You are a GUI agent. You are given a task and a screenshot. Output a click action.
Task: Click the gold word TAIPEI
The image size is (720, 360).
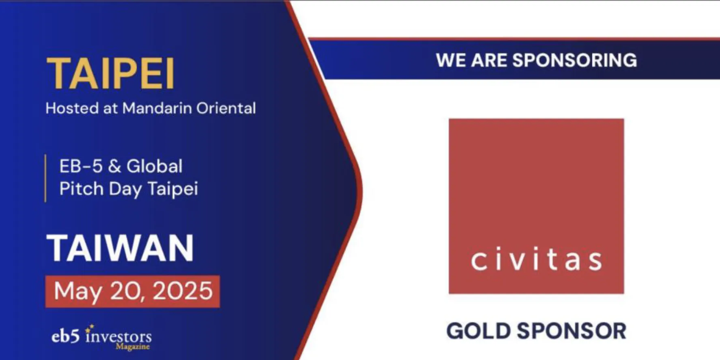point(110,73)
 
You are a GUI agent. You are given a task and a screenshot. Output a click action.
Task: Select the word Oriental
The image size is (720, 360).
point(226,108)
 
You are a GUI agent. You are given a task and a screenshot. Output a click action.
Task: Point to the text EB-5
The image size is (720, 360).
point(81,166)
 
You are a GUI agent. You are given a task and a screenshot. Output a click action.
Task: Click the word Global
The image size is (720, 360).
point(155,166)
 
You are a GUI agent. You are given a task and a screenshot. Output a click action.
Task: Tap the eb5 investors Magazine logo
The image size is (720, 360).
point(101,337)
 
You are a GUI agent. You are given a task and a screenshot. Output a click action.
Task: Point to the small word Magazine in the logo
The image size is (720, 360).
point(133,347)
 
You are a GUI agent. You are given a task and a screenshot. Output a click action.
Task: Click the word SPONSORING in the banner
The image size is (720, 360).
point(574,60)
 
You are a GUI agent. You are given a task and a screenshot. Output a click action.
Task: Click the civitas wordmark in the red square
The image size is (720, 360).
point(536,260)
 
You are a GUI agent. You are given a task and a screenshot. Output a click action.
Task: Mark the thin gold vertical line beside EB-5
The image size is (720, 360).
point(45,178)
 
